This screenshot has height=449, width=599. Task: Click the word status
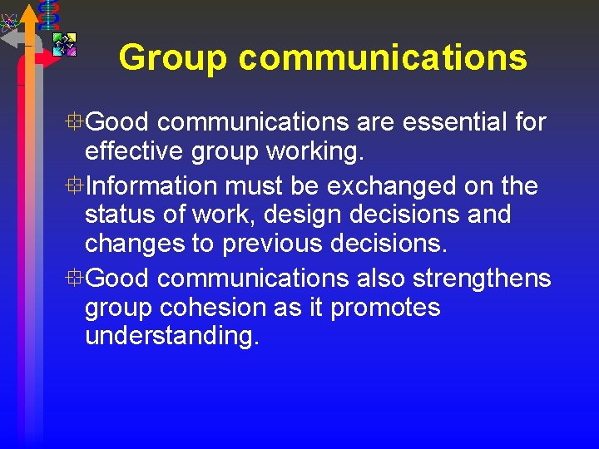(x=123, y=215)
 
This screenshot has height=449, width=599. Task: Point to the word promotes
(x=385, y=308)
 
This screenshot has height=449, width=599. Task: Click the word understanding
(x=172, y=338)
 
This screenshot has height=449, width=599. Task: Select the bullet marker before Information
(x=75, y=185)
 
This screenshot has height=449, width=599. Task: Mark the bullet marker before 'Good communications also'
(x=75, y=278)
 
